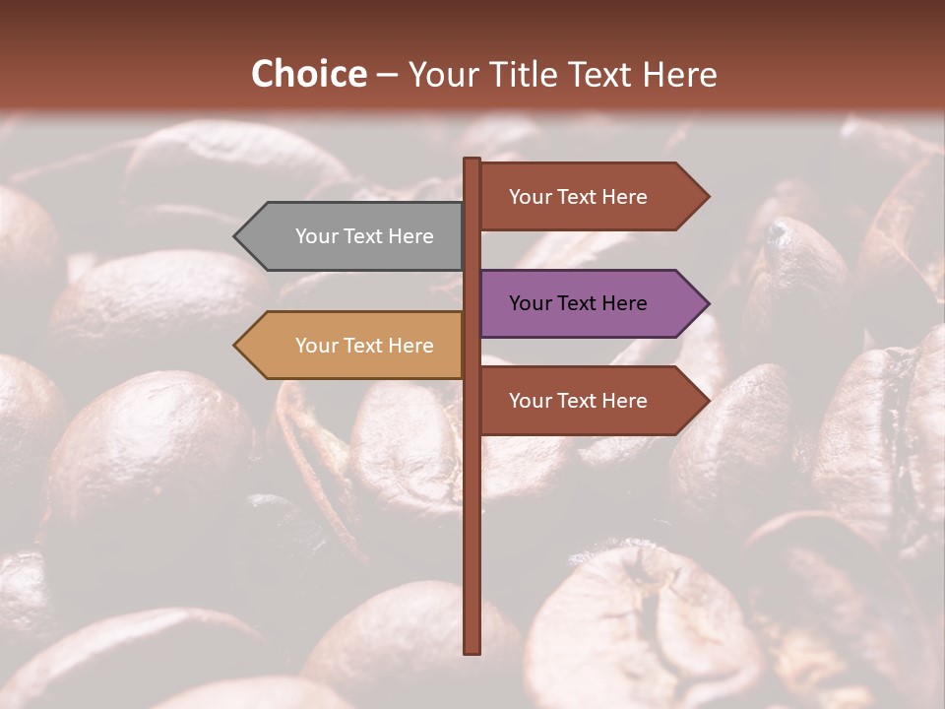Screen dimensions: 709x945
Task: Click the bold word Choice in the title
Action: [x=308, y=75]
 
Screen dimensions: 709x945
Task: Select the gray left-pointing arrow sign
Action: [x=354, y=236]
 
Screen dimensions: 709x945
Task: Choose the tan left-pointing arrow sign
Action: [x=354, y=346]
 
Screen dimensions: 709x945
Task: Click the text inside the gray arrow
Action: [x=364, y=236]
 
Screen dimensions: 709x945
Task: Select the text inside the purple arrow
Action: [x=578, y=303]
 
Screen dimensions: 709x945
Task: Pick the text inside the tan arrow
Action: [x=364, y=346]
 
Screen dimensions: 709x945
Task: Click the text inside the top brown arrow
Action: [x=578, y=197]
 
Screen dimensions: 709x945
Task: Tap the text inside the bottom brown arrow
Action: [x=578, y=401]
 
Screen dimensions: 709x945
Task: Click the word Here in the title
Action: [x=679, y=75]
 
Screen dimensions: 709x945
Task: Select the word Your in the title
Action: [x=440, y=75]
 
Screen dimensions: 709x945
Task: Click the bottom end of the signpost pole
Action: [x=472, y=649]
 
